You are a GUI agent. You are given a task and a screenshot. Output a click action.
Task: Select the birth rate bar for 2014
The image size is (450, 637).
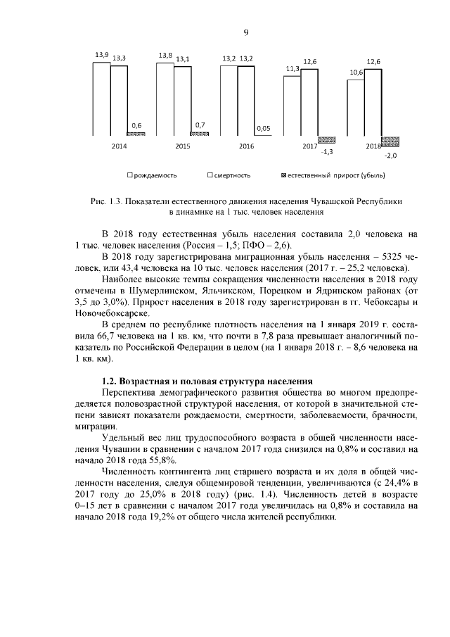(x=101, y=99)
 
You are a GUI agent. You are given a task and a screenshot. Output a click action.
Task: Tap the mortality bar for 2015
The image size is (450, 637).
(x=182, y=100)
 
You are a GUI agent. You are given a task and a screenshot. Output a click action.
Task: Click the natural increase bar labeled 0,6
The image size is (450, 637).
(x=136, y=133)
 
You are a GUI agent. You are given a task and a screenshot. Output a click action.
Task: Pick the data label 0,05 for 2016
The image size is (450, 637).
(x=264, y=128)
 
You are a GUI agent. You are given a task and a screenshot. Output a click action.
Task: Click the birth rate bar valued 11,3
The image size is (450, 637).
(x=292, y=105)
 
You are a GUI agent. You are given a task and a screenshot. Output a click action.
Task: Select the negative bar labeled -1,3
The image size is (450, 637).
(x=326, y=139)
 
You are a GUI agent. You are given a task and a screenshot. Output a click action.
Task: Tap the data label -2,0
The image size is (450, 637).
(x=391, y=155)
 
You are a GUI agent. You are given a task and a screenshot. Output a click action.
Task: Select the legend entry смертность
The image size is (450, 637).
(x=229, y=175)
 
